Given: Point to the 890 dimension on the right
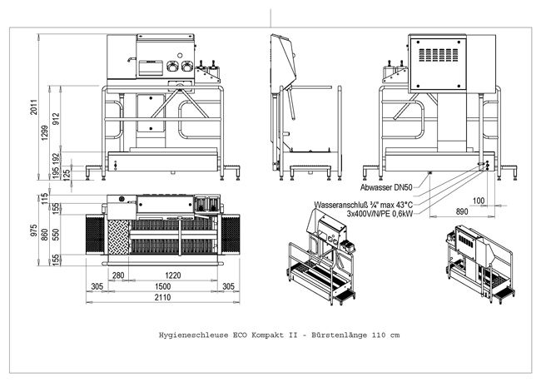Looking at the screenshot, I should [462, 212].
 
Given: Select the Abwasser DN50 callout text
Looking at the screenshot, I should [388, 187].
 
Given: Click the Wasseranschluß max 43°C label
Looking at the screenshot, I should [361, 203].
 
